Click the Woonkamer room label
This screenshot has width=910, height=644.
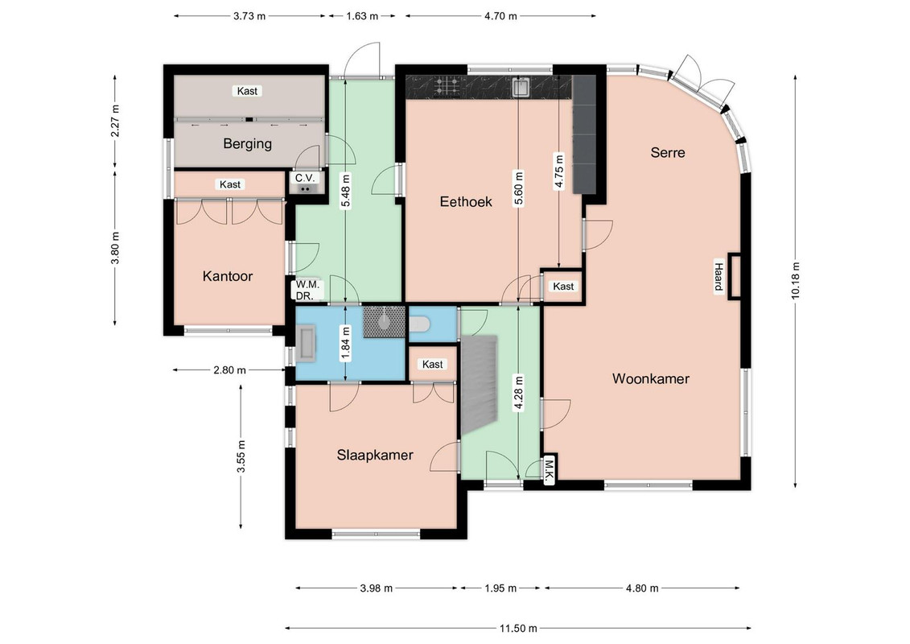pyautogui.click(x=651, y=379)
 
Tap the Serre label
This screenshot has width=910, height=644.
pyautogui.click(x=667, y=153)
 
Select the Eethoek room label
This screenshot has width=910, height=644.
pyautogui.click(x=465, y=202)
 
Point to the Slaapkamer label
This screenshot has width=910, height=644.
pyautogui.click(x=375, y=456)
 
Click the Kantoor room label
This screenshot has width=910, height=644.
pyautogui.click(x=228, y=276)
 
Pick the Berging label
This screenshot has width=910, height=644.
pyautogui.click(x=247, y=144)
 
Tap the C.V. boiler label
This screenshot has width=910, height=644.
pyautogui.click(x=305, y=178)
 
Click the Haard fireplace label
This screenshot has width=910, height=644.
pyautogui.click(x=719, y=277)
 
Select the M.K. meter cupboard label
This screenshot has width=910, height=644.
pyautogui.click(x=549, y=471)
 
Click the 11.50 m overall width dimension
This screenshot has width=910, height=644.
pyautogui.click(x=518, y=629)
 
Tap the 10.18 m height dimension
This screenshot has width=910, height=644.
pyautogui.click(x=795, y=281)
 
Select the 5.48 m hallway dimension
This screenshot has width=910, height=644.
pyautogui.click(x=345, y=191)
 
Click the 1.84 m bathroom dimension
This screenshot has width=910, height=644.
pyautogui.click(x=345, y=344)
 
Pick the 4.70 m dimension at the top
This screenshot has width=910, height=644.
pyautogui.click(x=500, y=16)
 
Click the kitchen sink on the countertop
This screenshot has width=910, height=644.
pyautogui.click(x=521, y=87)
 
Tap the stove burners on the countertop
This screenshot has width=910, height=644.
pyautogui.click(x=447, y=86)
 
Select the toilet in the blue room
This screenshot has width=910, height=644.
pyautogui.click(x=418, y=324)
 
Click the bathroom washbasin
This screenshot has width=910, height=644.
pyautogui.click(x=305, y=343)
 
